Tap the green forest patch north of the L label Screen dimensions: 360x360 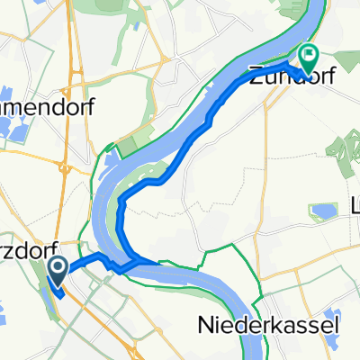(342, 148)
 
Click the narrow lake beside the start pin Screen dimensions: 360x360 (46, 279)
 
